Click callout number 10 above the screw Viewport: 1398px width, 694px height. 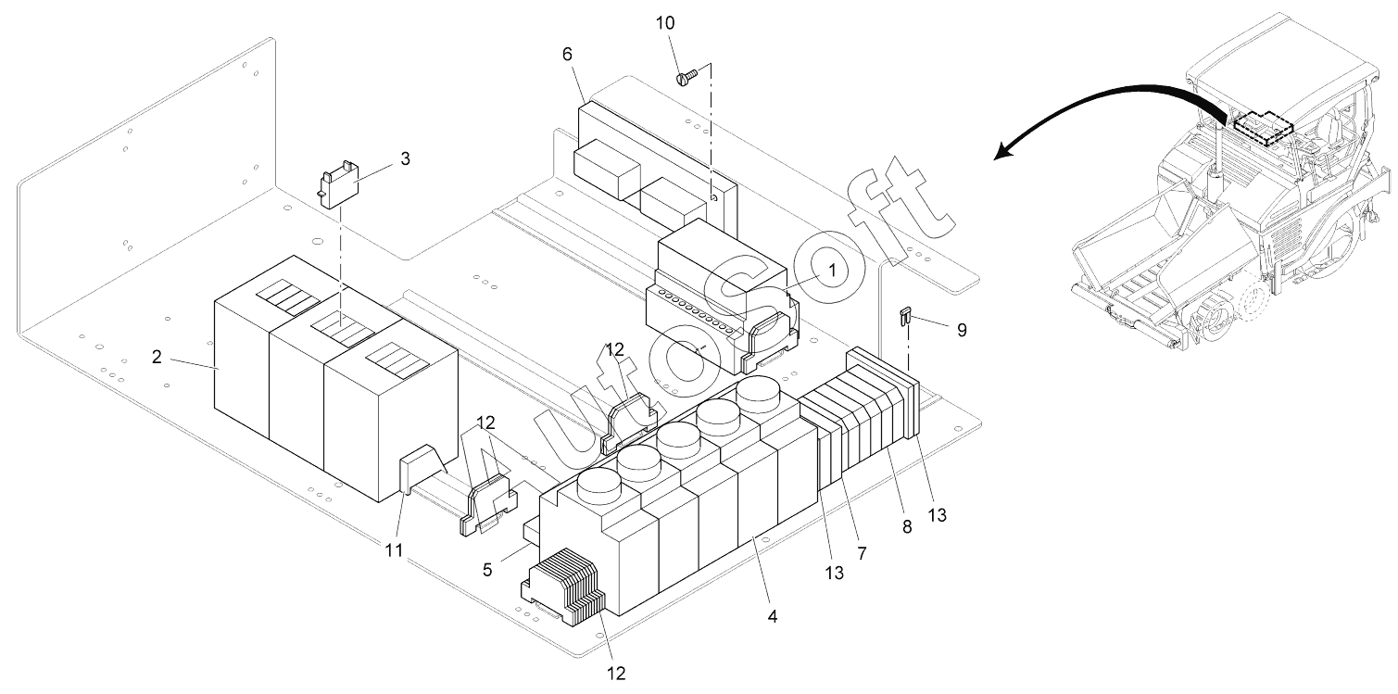coord(664,23)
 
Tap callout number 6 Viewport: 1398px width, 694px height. coord(567,55)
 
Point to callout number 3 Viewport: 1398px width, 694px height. coord(405,159)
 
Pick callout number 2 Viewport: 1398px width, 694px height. coord(156,357)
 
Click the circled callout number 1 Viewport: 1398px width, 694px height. coord(832,271)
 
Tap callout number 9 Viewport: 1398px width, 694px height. coord(962,330)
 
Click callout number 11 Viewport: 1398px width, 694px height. coord(393,550)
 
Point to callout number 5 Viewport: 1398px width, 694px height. coord(487,570)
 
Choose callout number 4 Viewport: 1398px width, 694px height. coord(773,616)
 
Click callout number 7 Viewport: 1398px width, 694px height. coord(862,553)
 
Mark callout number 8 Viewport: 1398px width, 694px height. coord(907,527)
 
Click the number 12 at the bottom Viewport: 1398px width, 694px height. coord(616,674)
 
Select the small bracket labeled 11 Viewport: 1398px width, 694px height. coord(423,468)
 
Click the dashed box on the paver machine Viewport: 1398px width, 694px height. coord(1263,130)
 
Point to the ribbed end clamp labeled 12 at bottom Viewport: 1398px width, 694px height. coord(564,587)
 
